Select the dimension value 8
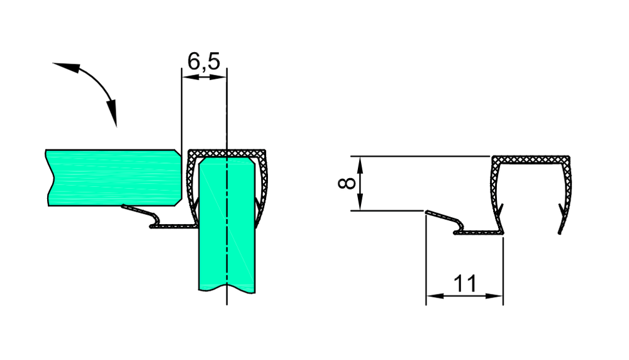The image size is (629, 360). coord(345,183)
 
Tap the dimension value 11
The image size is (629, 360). coord(465,284)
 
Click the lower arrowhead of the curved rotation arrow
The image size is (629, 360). coord(113,116)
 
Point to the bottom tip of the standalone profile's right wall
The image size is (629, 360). coord(560,231)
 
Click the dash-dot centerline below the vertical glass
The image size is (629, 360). coord(226,300)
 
